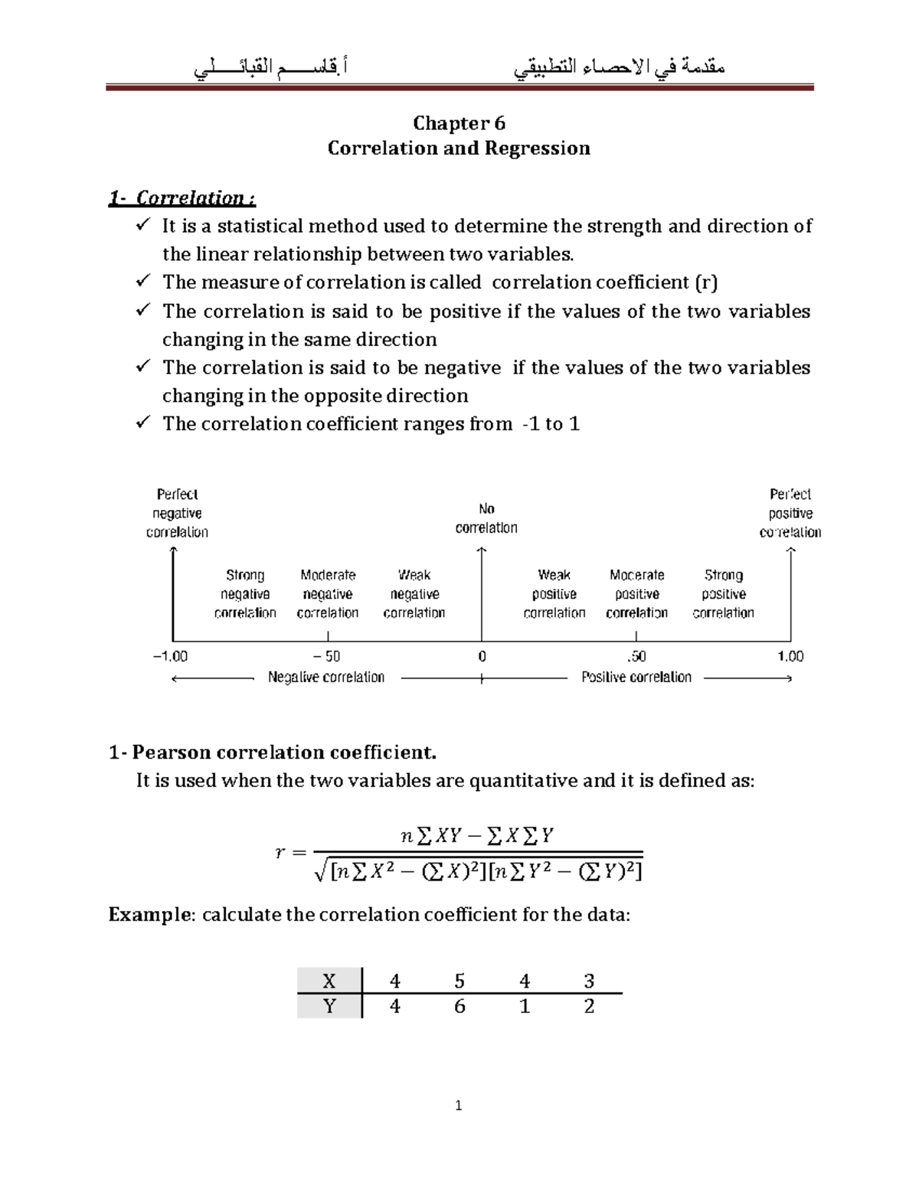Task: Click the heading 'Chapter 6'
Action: coord(459,123)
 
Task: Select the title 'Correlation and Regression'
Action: coord(459,148)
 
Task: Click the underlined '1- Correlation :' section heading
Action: coord(182,198)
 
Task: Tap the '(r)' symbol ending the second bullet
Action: coord(706,283)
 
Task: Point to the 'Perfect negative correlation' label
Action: coord(177,513)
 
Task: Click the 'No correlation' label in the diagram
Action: coord(486,518)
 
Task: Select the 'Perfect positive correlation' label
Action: coord(790,513)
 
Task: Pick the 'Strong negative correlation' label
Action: coord(245,593)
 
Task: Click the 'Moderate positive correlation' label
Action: coord(636,593)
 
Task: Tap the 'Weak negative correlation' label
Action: coord(414,593)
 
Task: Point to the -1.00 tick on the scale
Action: coord(170,656)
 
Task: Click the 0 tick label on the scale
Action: coord(482,656)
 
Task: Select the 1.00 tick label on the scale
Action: coord(790,656)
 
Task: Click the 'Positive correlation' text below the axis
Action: coord(636,677)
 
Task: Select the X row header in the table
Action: coord(329,981)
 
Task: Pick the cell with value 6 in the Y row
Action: coord(459,1006)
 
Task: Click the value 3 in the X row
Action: coord(589,981)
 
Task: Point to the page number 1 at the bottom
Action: coord(459,1105)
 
